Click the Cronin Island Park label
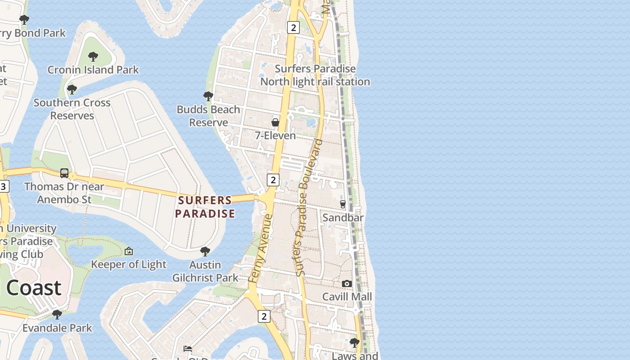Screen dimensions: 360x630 [93, 70]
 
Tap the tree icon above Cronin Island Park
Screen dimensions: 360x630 [93, 57]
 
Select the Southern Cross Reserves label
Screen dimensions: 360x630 [72, 109]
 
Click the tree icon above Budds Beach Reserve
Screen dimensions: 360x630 [208, 96]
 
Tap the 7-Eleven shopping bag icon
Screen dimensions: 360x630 [275, 122]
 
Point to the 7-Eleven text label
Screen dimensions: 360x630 [275, 135]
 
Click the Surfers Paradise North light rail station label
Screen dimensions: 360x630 [315, 75]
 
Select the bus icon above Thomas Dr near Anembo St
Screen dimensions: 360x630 [64, 173]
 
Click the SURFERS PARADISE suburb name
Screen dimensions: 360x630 [205, 207]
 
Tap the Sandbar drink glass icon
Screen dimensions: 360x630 [342, 204]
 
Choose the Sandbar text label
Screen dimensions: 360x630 [343, 217]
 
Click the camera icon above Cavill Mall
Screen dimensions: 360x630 [346, 283]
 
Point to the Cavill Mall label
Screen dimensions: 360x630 [347, 297]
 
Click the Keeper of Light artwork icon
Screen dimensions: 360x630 [129, 251]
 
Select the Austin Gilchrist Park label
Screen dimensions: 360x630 [205, 271]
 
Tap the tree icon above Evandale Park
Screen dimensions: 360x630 [57, 314]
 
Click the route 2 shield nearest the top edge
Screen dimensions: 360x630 [293, 28]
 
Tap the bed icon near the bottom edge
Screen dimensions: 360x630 [188, 349]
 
